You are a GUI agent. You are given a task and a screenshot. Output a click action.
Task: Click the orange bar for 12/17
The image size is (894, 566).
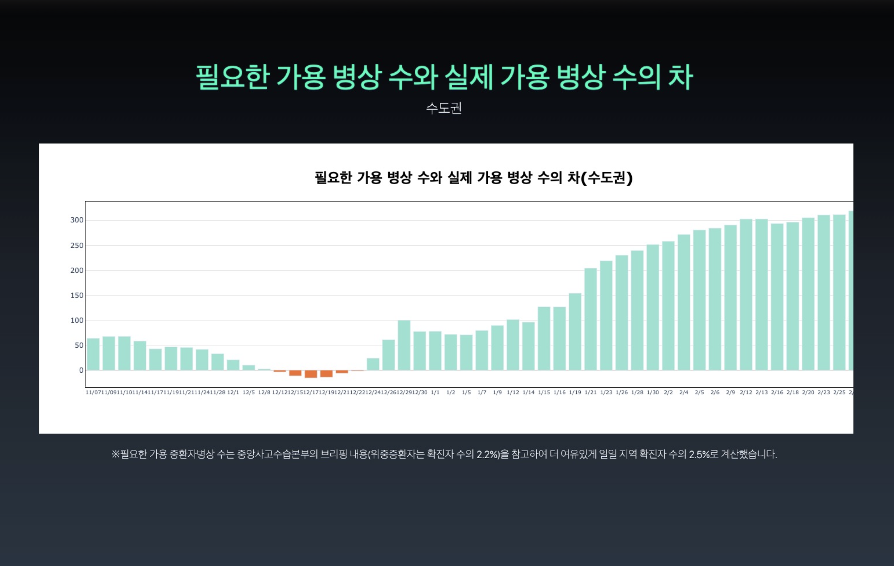pyautogui.click(x=311, y=374)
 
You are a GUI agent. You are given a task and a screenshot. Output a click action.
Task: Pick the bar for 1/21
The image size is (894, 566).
pyautogui.click(x=590, y=319)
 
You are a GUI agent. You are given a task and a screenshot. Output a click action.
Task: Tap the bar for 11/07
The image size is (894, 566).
pyautogui.click(x=93, y=354)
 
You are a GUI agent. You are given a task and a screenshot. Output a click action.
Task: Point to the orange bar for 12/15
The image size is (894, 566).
pyautogui.click(x=295, y=373)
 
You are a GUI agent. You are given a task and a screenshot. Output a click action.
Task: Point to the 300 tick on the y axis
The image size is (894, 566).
pyautogui.click(x=77, y=220)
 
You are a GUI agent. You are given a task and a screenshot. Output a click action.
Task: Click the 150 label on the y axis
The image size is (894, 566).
pyautogui.click(x=77, y=295)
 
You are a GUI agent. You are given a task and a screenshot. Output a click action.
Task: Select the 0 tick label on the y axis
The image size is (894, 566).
pyautogui.click(x=81, y=370)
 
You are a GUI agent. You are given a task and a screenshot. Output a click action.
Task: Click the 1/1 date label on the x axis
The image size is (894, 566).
pyautogui.click(x=435, y=392)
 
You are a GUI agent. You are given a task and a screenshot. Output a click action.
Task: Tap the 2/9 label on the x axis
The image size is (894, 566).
pyautogui.click(x=730, y=392)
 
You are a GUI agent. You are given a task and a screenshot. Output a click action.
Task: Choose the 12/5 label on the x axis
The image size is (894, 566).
pyautogui.click(x=248, y=392)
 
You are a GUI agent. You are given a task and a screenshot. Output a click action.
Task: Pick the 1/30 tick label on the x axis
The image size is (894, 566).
pyautogui.click(x=653, y=392)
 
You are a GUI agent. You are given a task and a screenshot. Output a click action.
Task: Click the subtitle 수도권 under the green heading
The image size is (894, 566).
pyautogui.click(x=444, y=108)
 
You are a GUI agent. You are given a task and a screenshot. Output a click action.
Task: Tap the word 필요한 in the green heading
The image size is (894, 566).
pyautogui.click(x=232, y=77)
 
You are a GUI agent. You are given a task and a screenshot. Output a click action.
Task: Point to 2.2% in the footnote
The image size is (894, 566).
pyautogui.click(x=487, y=454)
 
